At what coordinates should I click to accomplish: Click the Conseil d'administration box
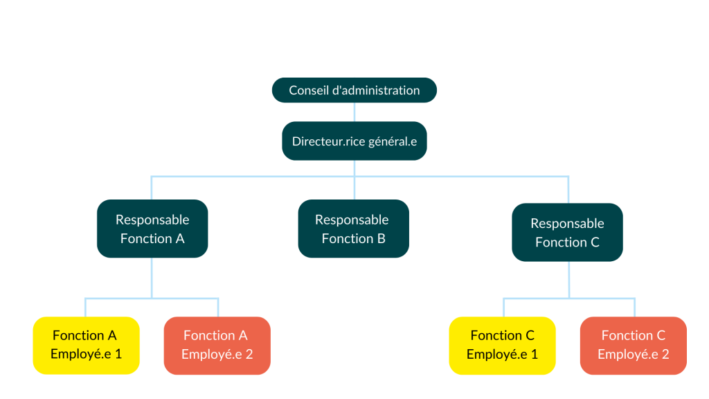pos(354,90)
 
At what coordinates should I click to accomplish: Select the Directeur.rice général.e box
pos(354,141)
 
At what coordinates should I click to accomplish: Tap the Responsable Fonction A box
pos(152,229)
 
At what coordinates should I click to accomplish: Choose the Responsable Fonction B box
pos(353,229)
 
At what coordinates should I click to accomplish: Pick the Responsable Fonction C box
pos(567,232)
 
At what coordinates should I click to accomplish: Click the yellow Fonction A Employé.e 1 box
pos(86,345)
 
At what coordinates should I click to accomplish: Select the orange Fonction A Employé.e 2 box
pos(217,345)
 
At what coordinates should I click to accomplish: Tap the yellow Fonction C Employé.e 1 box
pos(502,345)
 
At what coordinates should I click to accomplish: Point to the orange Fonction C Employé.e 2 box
pos(633,345)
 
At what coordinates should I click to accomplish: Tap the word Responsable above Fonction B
pos(352,220)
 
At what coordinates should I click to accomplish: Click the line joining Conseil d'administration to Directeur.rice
pos(354,112)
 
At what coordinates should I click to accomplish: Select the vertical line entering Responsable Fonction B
pos(354,188)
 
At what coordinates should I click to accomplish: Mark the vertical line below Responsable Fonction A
pos(152,277)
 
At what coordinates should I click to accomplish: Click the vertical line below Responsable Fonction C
pos(568,279)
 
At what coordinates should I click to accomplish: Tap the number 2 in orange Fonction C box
pos(665,354)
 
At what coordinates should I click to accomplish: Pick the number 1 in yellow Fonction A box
pos(118,354)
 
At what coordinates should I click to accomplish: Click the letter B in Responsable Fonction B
pos(381,238)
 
